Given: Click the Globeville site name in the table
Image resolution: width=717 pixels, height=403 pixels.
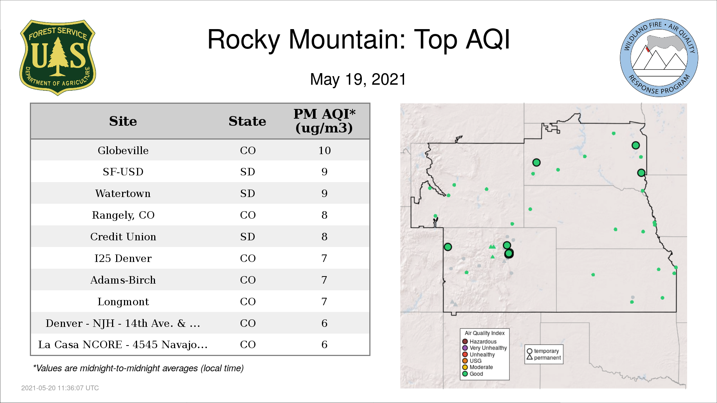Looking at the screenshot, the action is (x=123, y=150).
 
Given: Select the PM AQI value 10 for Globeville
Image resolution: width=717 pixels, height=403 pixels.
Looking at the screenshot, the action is (x=325, y=150).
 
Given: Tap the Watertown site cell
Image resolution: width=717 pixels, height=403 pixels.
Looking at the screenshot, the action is (x=123, y=193).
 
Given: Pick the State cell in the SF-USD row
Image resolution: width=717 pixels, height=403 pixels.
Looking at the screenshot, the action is (x=248, y=172).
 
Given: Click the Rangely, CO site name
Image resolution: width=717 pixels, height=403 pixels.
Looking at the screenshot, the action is (x=123, y=215).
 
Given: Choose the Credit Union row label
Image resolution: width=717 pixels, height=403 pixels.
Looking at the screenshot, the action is (x=123, y=237).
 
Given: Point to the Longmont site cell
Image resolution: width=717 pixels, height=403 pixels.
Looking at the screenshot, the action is (x=123, y=302).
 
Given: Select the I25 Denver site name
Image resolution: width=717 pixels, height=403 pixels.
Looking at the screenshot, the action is (x=123, y=258).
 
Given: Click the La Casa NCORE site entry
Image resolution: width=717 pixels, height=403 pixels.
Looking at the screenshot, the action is (x=123, y=344).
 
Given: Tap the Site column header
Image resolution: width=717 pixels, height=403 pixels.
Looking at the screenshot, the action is (x=123, y=121).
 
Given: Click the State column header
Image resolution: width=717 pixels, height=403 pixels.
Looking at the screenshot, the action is (x=247, y=121).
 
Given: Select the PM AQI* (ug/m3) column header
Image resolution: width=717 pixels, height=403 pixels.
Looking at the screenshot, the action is (x=324, y=121).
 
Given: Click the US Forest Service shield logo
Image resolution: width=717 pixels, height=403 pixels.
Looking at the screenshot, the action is (x=58, y=58).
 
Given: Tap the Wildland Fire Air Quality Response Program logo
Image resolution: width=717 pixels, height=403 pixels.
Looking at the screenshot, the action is (x=659, y=58).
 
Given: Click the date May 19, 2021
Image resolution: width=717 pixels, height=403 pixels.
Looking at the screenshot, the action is (x=358, y=79).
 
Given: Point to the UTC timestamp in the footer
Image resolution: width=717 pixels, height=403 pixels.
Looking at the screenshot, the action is (x=60, y=388).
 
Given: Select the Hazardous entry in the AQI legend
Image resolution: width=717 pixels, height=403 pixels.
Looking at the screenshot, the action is (x=479, y=341).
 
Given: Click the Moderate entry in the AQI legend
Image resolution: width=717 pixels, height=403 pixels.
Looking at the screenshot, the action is (x=478, y=367).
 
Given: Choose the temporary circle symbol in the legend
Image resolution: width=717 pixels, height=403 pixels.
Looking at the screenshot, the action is (x=530, y=351).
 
